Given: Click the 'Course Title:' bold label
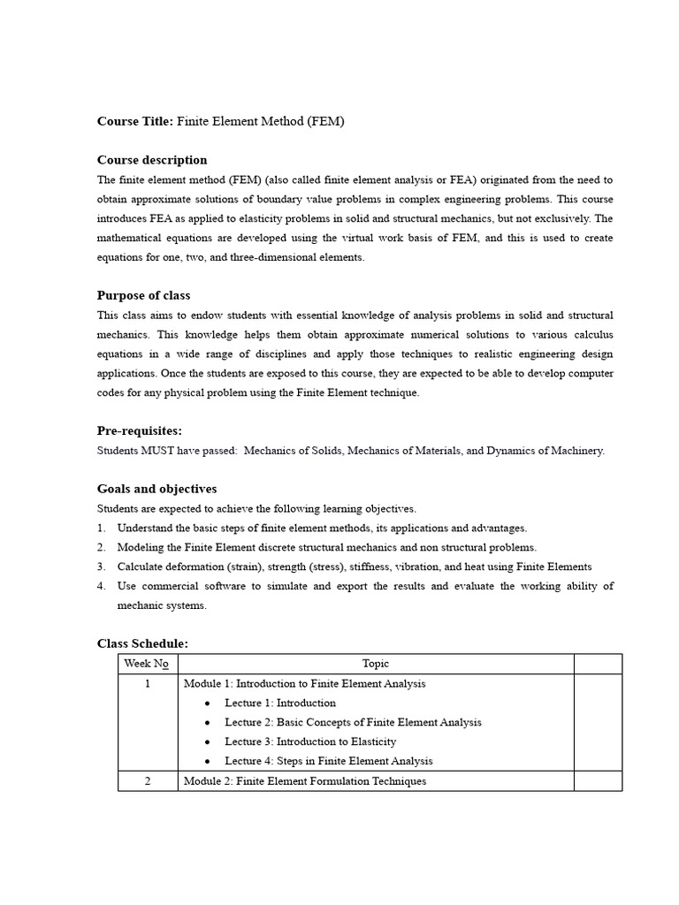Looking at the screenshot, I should [x=135, y=122].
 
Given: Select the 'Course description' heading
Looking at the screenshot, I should [x=152, y=160].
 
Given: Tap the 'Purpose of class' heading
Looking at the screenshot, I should [x=143, y=295].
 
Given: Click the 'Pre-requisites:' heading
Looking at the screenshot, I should [x=139, y=430].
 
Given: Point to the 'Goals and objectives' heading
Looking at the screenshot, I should [x=156, y=489].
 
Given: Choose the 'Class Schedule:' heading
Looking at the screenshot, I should [x=142, y=643].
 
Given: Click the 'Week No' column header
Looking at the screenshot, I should [x=147, y=664].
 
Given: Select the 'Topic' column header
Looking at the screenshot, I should [x=375, y=664].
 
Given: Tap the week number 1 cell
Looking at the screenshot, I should [x=147, y=683].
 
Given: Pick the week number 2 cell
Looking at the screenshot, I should [x=147, y=780].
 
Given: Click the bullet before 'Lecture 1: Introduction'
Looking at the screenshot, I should [x=207, y=703].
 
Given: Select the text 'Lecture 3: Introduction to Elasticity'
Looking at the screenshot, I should [x=310, y=741].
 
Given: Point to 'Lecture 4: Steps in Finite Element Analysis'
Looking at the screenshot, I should [x=328, y=761].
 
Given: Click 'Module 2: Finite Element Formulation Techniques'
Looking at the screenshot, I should [x=304, y=780].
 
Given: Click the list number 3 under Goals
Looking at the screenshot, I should [x=101, y=567].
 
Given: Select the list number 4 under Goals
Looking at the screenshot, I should [x=101, y=586].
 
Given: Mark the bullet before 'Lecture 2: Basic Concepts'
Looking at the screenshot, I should [x=207, y=723].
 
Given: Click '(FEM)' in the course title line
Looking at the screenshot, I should [x=326, y=122].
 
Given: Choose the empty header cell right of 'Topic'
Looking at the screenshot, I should [x=598, y=664].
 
